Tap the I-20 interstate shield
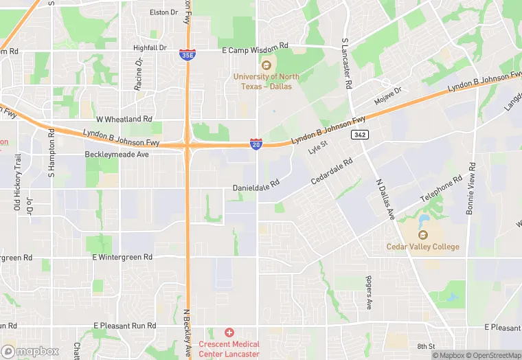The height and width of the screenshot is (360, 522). (x=256, y=144)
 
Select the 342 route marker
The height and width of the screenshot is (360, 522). (x=359, y=134)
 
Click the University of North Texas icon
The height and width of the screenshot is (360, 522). (x=266, y=65)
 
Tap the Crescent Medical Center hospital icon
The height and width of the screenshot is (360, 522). (x=229, y=333)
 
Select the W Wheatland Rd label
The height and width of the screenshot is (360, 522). (x=124, y=119)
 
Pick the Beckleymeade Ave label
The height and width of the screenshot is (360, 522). (x=117, y=155)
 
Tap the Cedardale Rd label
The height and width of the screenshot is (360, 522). (x=331, y=170)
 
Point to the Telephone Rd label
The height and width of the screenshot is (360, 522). (x=442, y=188)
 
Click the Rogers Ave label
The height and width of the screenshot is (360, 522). (x=368, y=293)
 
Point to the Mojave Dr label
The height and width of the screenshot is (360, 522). (x=387, y=95)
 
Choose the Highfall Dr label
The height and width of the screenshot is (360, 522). (x=150, y=47)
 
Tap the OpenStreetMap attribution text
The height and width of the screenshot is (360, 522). (x=494, y=355)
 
